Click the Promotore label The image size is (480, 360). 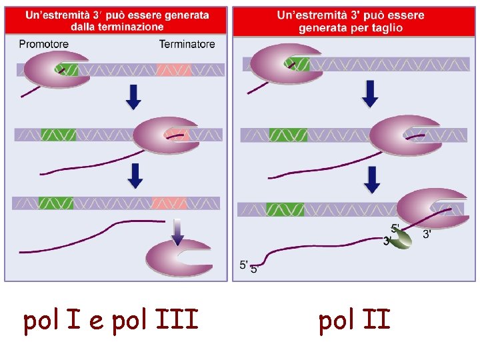[x=44, y=45]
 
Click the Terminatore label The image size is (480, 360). [x=187, y=45]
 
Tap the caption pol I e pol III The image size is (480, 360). [x=111, y=321]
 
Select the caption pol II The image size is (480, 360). [x=354, y=321]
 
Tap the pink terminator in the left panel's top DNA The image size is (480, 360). [x=174, y=69]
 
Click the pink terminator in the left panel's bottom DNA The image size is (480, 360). [x=169, y=203]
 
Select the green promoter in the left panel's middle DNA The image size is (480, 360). [x=59, y=135]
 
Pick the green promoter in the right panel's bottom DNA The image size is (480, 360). [x=285, y=209]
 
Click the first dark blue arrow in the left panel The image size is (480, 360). [x=134, y=97]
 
